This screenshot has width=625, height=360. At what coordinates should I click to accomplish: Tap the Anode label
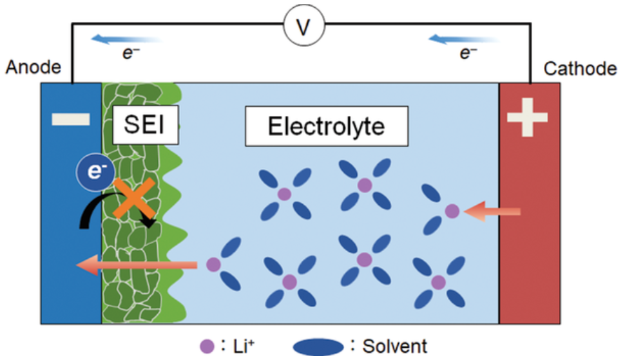(34, 68)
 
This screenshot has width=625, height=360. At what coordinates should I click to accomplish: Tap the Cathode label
(580, 68)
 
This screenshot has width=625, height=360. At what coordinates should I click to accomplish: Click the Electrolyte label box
(326, 126)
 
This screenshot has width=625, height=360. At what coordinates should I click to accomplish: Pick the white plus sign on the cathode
(528, 118)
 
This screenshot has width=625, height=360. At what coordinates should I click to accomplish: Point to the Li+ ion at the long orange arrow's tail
(213, 264)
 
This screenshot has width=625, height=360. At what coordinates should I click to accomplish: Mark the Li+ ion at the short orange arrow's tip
(452, 211)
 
